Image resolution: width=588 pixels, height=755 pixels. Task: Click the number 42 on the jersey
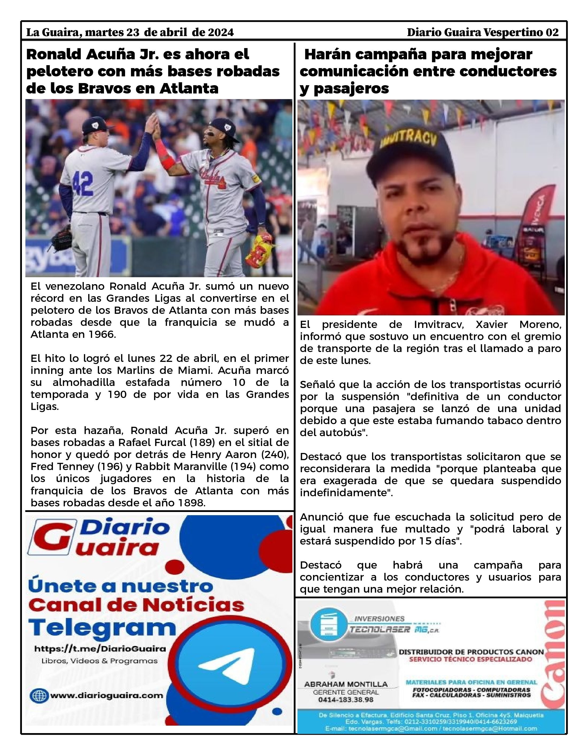[82, 183]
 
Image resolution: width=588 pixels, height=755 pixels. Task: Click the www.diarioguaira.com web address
[107, 695]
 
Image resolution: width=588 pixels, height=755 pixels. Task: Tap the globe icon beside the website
[39, 695]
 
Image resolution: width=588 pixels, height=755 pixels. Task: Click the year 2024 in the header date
[220, 32]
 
